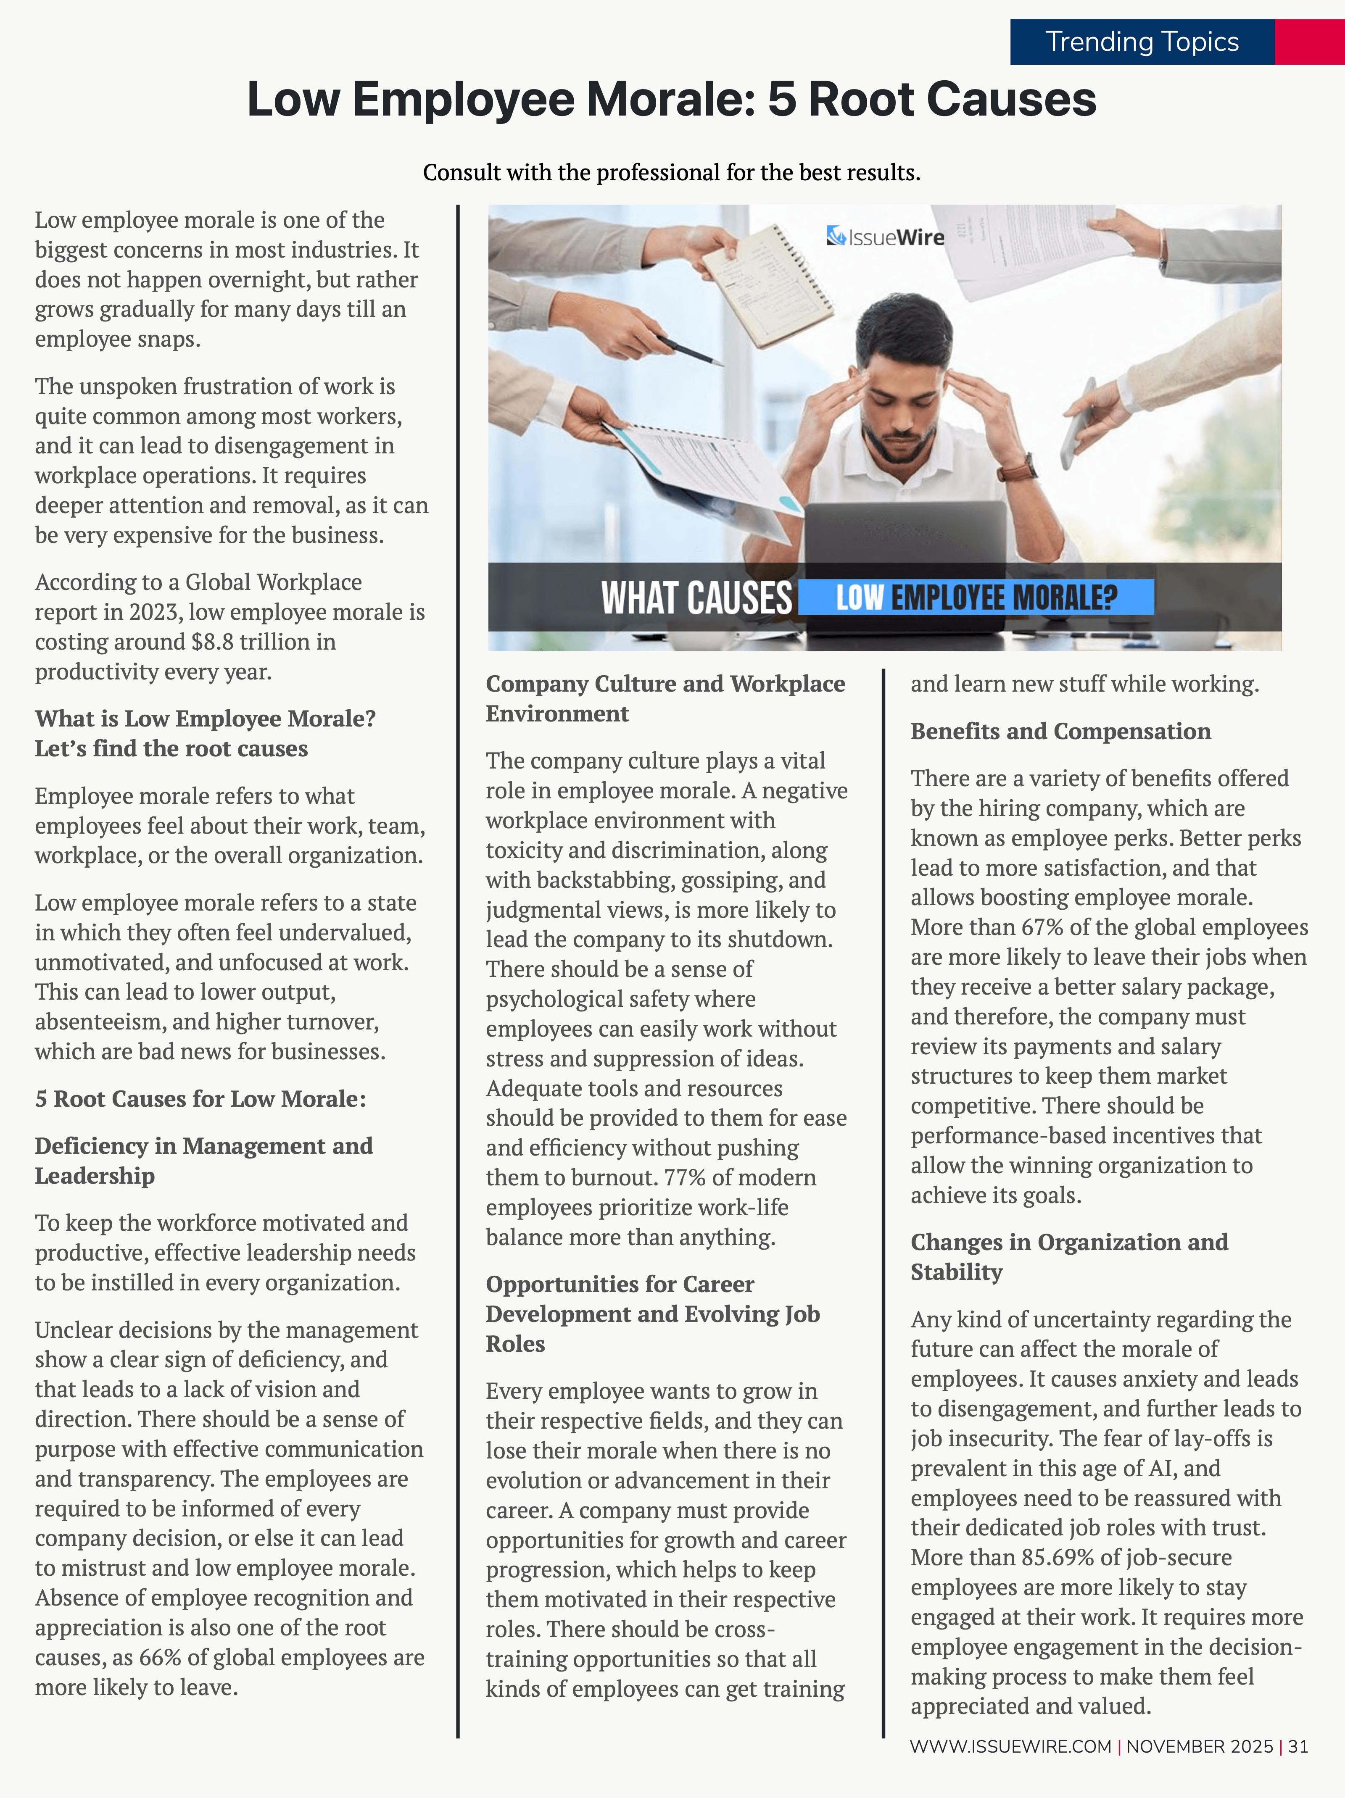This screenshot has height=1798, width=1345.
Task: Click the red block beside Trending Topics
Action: click(1309, 42)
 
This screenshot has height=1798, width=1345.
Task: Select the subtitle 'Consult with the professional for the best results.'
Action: click(672, 172)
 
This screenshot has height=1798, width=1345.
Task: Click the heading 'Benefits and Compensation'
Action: click(1060, 731)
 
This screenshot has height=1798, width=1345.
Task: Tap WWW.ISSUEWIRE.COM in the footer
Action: click(1010, 1746)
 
